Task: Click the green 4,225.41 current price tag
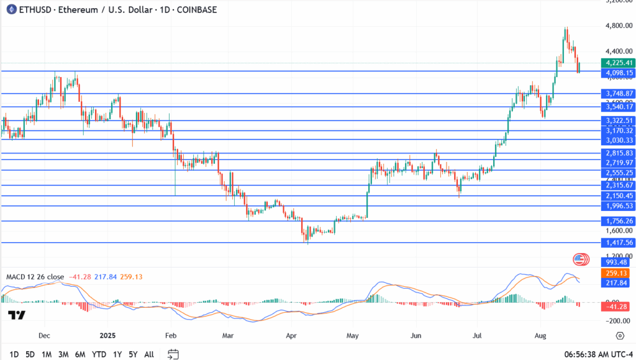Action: (x=617, y=63)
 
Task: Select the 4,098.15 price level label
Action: (x=617, y=73)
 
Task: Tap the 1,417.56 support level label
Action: (x=617, y=243)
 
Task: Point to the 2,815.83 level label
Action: (x=617, y=153)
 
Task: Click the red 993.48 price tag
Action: (x=617, y=262)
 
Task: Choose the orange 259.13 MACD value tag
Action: (x=617, y=273)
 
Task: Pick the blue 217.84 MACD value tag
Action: (x=617, y=282)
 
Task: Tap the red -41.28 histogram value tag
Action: (x=617, y=307)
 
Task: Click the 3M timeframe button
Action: (x=63, y=354)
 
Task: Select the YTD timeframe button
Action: (x=98, y=354)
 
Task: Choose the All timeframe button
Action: (x=149, y=354)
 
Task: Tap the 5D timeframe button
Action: (x=30, y=354)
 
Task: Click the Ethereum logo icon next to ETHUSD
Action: (x=10, y=10)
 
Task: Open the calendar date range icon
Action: (x=173, y=354)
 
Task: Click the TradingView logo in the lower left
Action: (x=17, y=315)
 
